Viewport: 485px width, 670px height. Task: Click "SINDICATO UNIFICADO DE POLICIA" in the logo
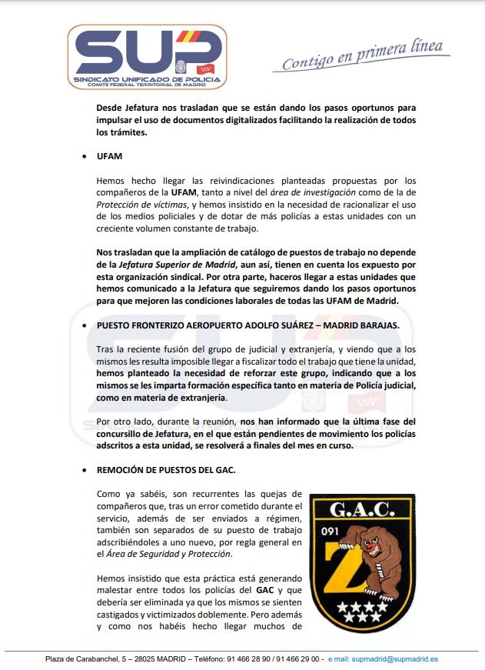146,79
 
